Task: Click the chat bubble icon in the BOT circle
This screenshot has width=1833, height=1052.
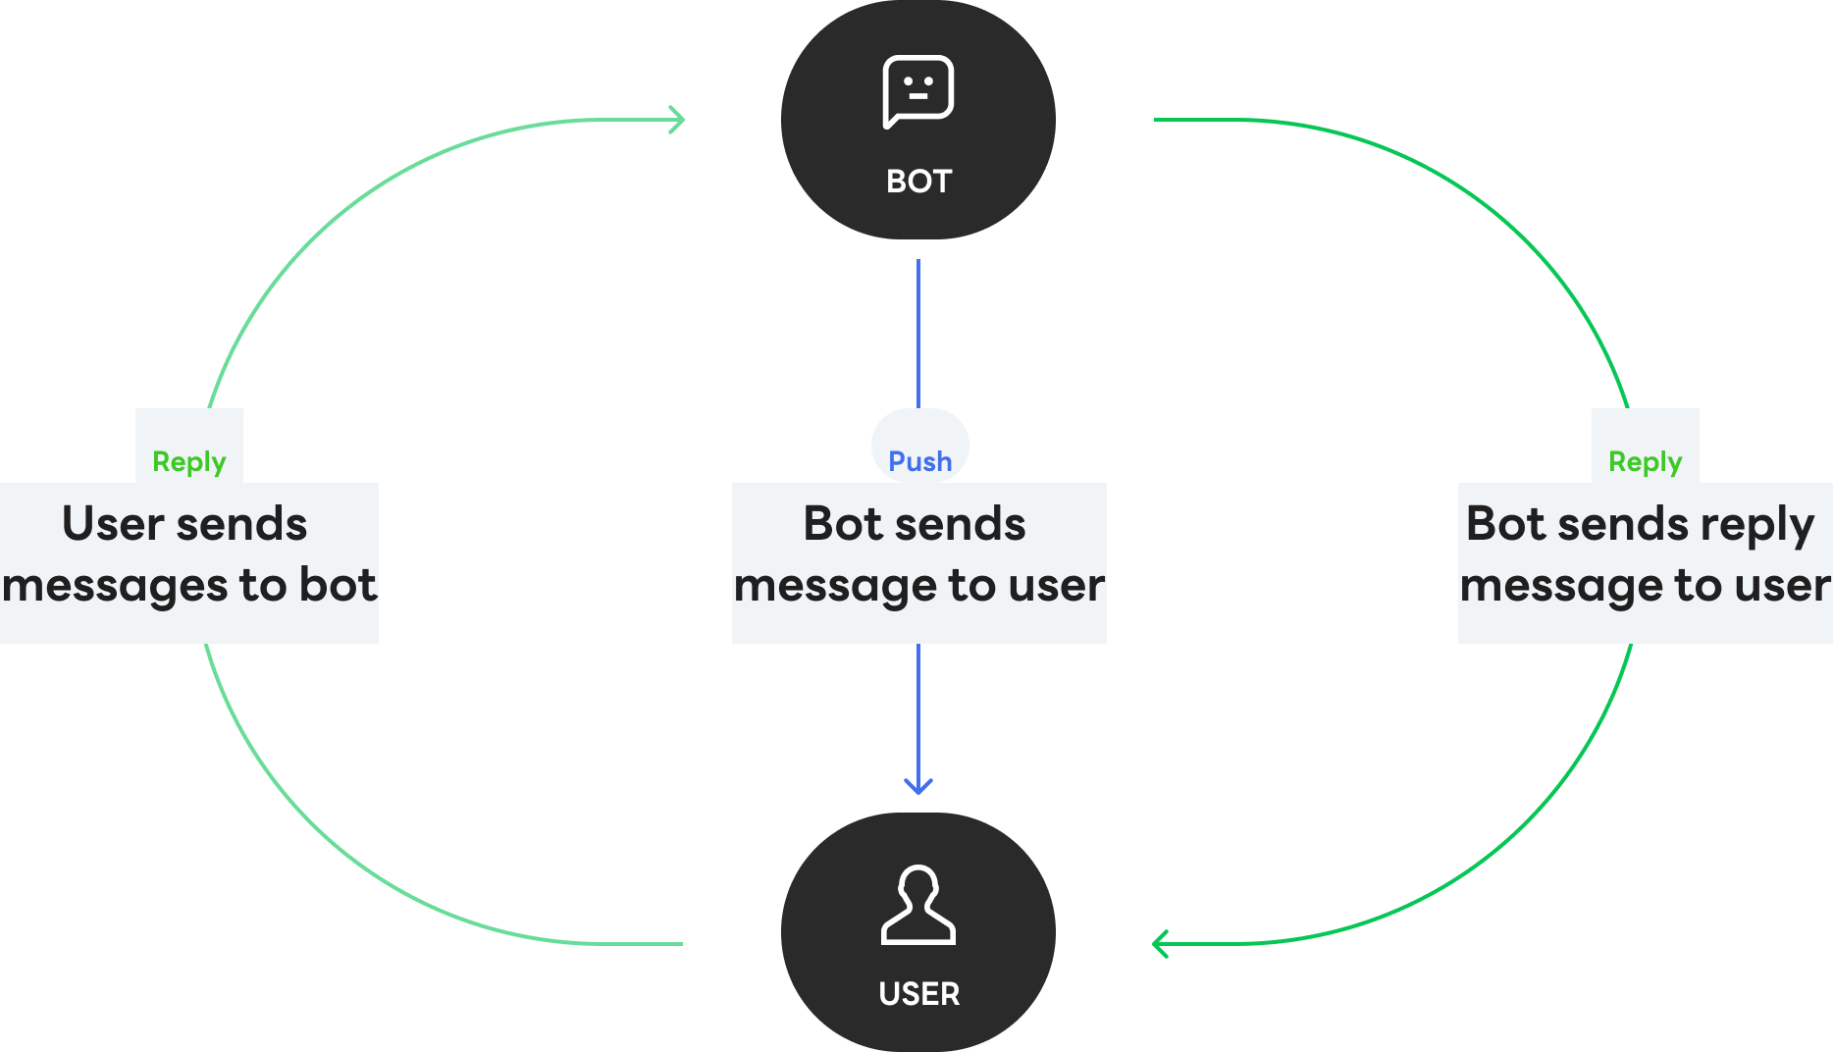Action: (917, 91)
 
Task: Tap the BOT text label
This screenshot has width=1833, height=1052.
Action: (918, 182)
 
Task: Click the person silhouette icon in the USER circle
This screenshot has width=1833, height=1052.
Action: (917, 905)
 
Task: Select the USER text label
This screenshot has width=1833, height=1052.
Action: (918, 994)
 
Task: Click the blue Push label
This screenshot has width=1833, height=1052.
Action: (919, 461)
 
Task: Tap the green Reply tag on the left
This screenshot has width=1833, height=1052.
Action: (188, 461)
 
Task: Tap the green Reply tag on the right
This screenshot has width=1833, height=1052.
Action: (1645, 461)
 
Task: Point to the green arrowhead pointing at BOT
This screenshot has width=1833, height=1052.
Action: (677, 120)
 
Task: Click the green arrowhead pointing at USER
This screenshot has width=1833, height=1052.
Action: (1159, 944)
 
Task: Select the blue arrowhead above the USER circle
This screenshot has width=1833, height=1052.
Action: (917, 785)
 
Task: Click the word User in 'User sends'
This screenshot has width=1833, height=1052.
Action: (112, 524)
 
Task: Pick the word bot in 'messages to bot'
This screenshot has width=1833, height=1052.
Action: (338, 585)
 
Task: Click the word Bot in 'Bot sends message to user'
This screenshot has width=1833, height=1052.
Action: (843, 524)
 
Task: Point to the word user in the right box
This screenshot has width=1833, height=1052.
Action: (1782, 586)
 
